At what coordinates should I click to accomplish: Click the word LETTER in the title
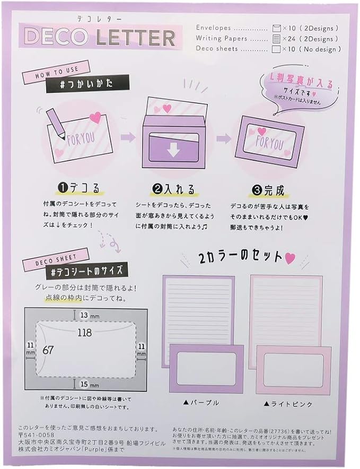[136, 37]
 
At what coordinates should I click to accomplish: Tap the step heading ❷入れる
[174, 189]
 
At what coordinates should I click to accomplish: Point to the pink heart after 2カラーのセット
[289, 259]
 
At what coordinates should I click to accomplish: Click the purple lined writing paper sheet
[198, 308]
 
